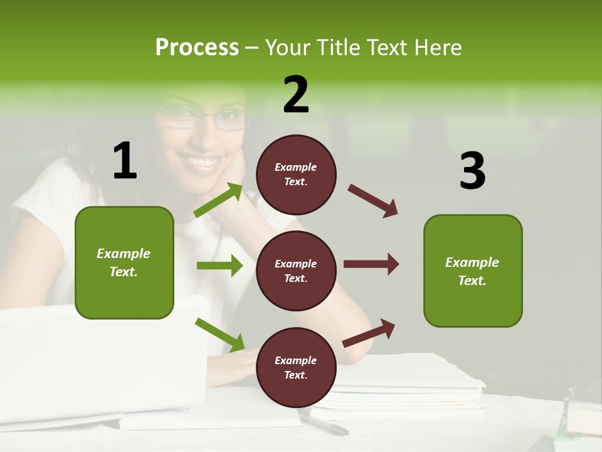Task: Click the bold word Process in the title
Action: [197, 48]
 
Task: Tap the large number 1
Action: [125, 161]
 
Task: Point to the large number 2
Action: [296, 95]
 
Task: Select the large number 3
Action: [472, 171]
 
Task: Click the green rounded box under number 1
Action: [124, 262]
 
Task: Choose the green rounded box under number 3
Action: [472, 271]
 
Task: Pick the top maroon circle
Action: [296, 175]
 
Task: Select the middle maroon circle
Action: [296, 271]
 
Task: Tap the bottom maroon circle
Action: [296, 367]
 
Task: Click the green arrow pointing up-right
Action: [218, 200]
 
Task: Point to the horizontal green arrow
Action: [219, 266]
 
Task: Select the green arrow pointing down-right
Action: [219, 334]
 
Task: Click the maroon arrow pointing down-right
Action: [373, 201]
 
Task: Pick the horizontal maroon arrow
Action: [371, 264]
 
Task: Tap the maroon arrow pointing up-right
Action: [369, 333]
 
